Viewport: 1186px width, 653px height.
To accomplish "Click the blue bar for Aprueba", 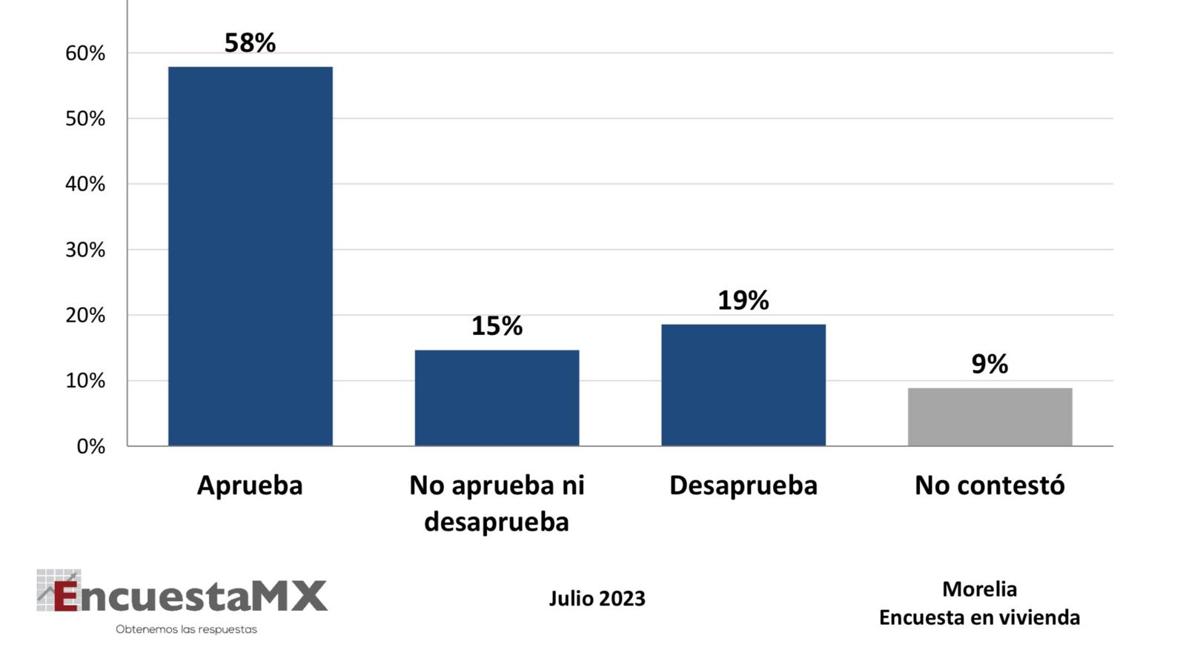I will coord(250,256).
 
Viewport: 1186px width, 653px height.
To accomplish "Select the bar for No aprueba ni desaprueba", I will coord(497,397).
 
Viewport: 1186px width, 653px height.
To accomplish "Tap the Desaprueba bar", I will coord(743,385).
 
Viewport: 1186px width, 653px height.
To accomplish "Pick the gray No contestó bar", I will coord(990,417).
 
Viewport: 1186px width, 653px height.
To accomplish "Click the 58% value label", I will coord(250,43).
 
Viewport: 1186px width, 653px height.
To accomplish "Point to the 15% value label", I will coord(497,326).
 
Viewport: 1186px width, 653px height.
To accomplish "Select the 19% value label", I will coord(743,300).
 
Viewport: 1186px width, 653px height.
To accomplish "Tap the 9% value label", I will coord(990,364).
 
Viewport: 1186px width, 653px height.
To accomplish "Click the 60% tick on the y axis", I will coord(85,53).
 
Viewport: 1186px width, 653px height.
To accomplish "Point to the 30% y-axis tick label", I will coord(85,250).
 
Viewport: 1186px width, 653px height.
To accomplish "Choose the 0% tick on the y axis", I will coord(90,446).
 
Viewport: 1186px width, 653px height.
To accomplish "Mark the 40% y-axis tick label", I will coord(85,184).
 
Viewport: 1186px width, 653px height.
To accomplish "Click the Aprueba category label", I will coord(250,485).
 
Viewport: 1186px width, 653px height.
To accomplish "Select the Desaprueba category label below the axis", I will coord(743,485).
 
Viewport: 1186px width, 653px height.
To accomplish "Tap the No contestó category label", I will coord(990,485).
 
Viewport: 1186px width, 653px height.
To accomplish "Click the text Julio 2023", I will coord(597,598).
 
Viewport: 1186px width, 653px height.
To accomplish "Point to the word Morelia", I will coord(979,589).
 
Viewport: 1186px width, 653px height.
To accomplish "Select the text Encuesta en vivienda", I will coord(979,617).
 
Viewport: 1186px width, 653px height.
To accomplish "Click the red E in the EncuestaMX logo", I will coord(65,595).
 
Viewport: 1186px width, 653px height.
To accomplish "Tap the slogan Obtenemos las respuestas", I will coord(186,629).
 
